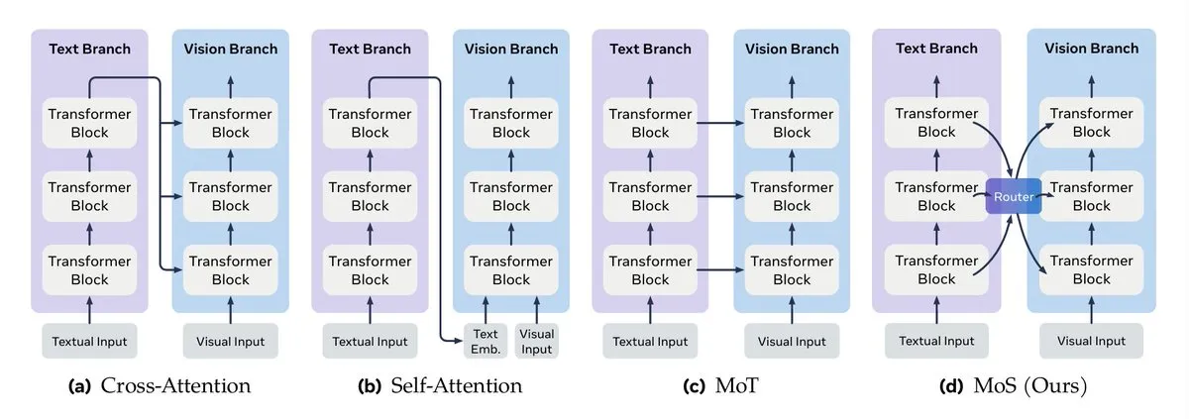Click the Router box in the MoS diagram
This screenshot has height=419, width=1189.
click(x=1014, y=197)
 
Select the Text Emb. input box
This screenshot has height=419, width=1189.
click(x=486, y=341)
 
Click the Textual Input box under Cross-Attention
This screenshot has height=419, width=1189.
click(x=90, y=341)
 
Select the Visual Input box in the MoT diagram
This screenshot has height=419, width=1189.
click(x=792, y=341)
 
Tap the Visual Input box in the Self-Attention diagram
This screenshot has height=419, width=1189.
click(x=537, y=341)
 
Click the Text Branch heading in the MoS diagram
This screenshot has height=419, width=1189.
click(x=935, y=49)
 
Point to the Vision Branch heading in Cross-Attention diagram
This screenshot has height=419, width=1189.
click(x=231, y=49)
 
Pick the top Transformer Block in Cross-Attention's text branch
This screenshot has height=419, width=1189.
click(x=90, y=123)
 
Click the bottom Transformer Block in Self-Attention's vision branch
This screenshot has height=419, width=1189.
click(x=511, y=270)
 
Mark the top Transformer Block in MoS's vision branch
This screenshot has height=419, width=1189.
click(x=1092, y=123)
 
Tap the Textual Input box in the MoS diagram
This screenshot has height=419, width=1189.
click(x=936, y=341)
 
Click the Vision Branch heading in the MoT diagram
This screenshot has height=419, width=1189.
click(x=792, y=49)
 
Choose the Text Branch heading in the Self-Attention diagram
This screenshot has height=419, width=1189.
click(x=370, y=49)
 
